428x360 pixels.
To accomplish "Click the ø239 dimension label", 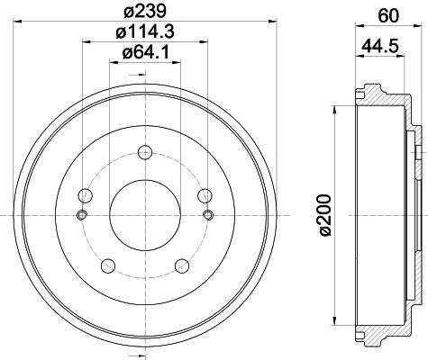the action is pyautogui.click(x=145, y=12).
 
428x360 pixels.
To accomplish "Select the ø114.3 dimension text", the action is pyautogui.click(x=145, y=31).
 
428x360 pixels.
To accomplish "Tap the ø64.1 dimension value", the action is pyautogui.click(x=145, y=53).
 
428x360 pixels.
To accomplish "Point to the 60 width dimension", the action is pyautogui.click(x=388, y=16).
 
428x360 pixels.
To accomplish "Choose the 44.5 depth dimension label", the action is pyautogui.click(x=379, y=46).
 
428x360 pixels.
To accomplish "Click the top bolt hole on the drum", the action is pyautogui.click(x=145, y=152).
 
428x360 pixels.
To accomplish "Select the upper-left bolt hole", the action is pyautogui.click(x=86, y=195).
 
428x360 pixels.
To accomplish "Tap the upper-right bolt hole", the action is pyautogui.click(x=205, y=195).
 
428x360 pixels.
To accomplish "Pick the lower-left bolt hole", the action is pyautogui.click(x=108, y=265).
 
